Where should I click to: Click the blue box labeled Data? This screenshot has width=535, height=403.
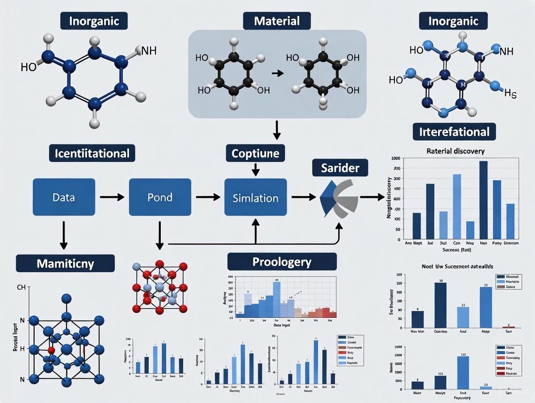point(64,197)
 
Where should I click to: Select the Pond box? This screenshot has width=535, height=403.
point(160,197)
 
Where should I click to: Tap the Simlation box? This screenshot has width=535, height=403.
point(255,198)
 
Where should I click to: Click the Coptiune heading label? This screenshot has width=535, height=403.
point(255,154)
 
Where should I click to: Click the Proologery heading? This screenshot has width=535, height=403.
point(282,262)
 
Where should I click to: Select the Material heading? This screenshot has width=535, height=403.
point(277,21)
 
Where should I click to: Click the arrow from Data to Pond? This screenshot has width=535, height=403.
point(111,197)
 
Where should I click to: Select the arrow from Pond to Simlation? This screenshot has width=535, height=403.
point(207,197)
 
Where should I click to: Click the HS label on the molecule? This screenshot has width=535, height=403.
point(510,93)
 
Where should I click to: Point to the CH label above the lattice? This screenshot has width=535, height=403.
point(21,288)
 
